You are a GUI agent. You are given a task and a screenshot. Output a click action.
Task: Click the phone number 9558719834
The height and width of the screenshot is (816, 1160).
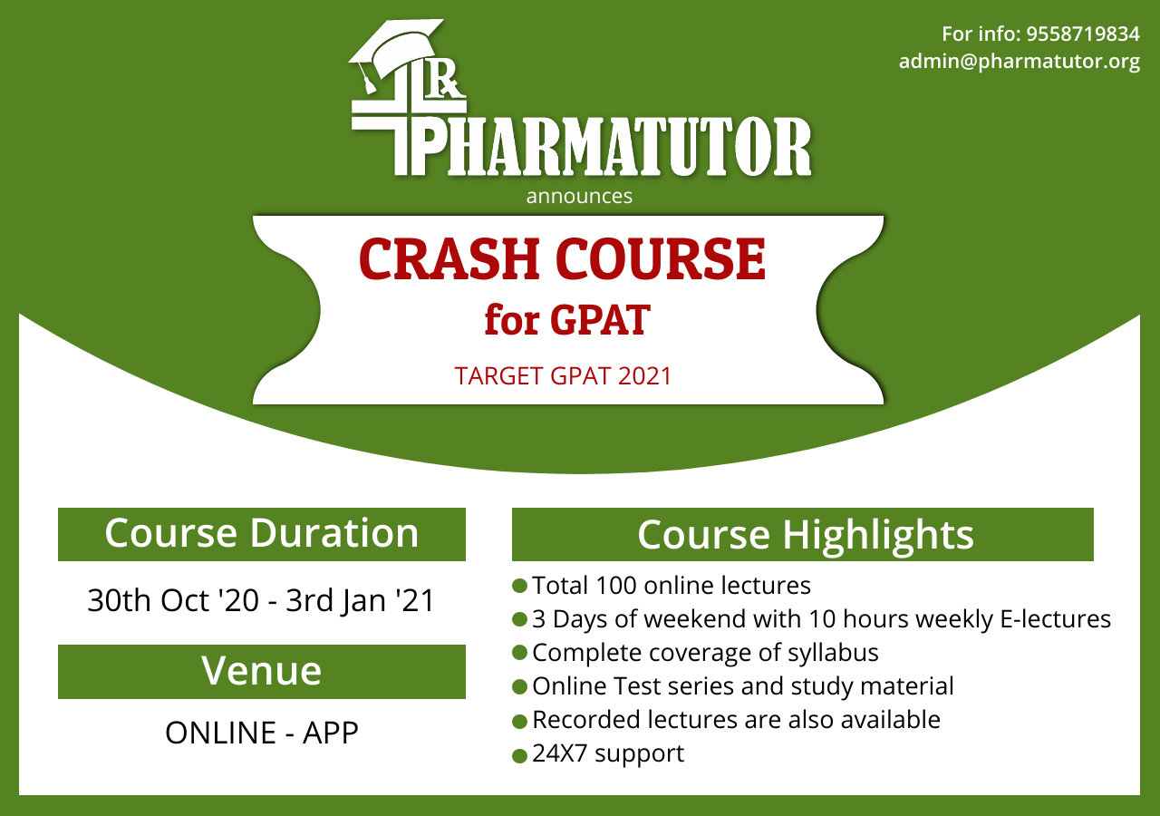(1083, 34)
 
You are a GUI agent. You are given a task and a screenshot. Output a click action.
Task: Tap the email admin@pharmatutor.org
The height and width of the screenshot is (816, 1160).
(1020, 62)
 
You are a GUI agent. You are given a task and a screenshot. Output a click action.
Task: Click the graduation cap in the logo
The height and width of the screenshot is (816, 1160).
(396, 54)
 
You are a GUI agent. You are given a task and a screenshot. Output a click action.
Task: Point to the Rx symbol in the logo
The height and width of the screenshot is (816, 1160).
(445, 83)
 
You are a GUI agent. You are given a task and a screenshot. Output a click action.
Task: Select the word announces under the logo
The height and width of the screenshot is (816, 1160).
(579, 197)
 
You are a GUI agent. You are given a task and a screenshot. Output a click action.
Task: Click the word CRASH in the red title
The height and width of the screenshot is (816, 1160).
(449, 259)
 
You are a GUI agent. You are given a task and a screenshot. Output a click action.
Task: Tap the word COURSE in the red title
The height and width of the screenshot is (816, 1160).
(661, 259)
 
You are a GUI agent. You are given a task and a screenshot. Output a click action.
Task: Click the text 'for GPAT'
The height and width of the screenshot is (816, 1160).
(567, 320)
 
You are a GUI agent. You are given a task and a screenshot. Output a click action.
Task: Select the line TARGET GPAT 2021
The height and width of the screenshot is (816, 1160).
(563, 376)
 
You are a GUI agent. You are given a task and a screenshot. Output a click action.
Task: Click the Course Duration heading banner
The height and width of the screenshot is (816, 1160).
(262, 534)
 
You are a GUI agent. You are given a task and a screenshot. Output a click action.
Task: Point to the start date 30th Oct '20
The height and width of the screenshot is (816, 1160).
(173, 600)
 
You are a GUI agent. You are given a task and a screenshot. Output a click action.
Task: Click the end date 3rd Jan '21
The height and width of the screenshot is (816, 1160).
(361, 600)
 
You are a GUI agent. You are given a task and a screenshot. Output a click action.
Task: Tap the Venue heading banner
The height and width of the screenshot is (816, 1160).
(262, 672)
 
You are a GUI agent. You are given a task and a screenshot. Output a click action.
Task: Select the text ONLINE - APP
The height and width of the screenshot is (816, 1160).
(262, 733)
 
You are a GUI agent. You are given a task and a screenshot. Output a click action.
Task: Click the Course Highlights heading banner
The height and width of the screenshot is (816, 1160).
(803, 534)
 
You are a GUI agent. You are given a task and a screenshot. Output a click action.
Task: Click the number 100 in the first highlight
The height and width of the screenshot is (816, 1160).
(615, 586)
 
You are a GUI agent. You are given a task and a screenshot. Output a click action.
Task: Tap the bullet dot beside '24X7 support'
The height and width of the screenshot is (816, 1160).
(519, 756)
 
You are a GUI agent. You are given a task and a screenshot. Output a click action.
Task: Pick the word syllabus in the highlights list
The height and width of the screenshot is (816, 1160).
(833, 653)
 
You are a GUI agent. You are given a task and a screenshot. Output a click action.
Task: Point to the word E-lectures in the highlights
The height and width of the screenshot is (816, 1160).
(1056, 619)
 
